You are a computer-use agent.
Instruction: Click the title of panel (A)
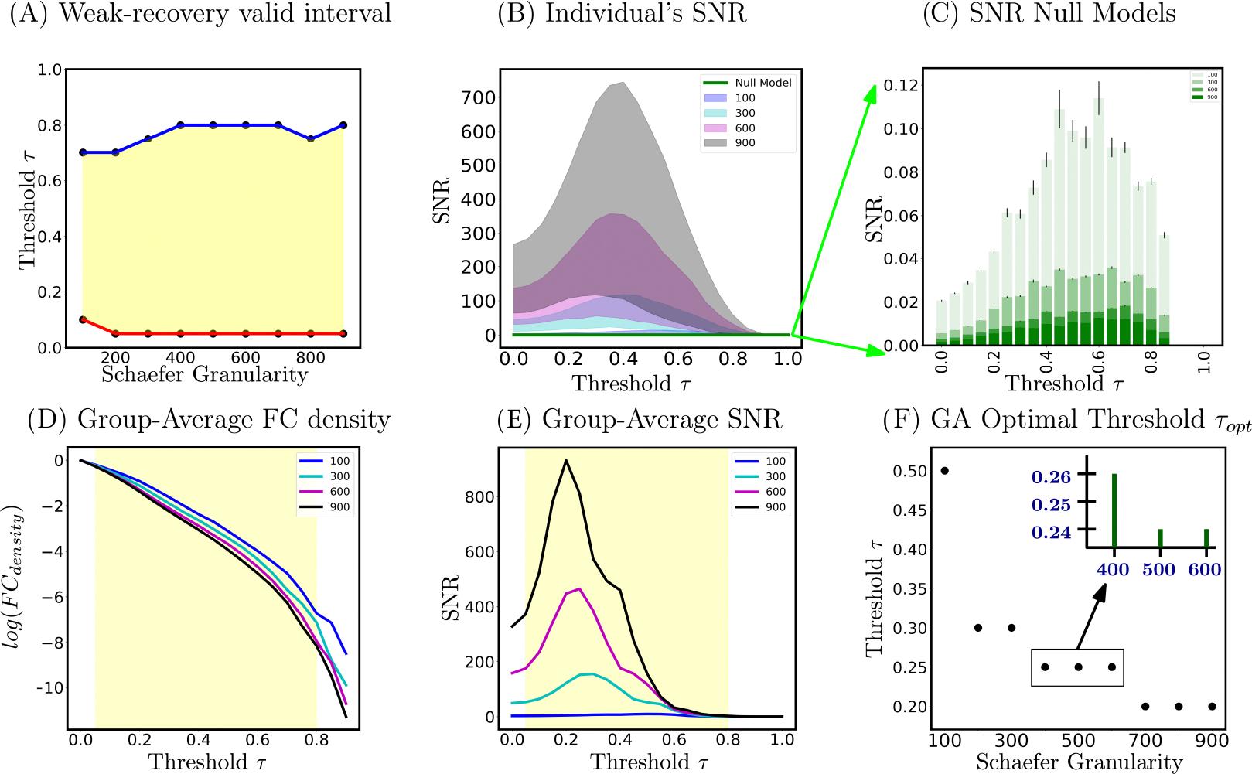pyautogui.click(x=200, y=14)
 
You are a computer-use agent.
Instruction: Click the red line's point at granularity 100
pyautogui.click(x=83, y=319)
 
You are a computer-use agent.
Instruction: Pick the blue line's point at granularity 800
pyautogui.click(x=311, y=139)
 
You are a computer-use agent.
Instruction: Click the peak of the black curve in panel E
pyautogui.click(x=566, y=461)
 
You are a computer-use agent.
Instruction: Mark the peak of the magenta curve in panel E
pyautogui.click(x=580, y=588)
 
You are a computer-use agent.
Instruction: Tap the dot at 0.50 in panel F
pyautogui.click(x=944, y=470)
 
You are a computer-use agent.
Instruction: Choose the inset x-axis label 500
pyautogui.click(x=1160, y=570)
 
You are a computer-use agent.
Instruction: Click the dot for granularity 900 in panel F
pyautogui.click(x=1212, y=706)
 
